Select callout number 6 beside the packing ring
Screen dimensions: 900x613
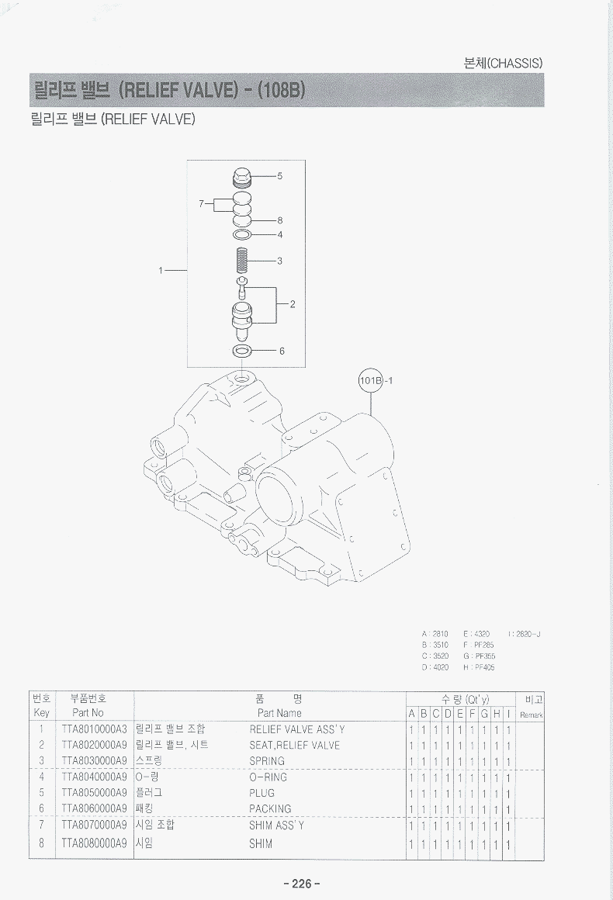click(x=282, y=351)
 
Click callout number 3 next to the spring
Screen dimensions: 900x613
click(x=279, y=261)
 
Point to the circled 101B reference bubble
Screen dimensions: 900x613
click(x=372, y=380)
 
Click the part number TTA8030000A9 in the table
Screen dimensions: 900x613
click(x=93, y=761)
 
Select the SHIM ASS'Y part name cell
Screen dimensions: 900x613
click(x=276, y=826)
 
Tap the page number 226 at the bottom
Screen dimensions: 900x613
click(x=303, y=884)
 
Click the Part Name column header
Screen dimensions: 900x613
click(x=279, y=712)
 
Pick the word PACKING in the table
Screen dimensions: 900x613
click(x=270, y=809)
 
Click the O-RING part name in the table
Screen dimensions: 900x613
click(x=268, y=777)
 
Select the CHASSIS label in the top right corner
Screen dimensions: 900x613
click(x=500, y=63)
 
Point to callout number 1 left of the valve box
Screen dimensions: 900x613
click(x=161, y=271)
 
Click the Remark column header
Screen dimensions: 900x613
click(x=532, y=715)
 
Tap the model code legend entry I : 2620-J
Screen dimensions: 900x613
click(x=524, y=634)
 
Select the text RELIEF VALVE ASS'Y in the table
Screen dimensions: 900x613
click(x=297, y=729)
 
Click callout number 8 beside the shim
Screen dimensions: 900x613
click(x=279, y=220)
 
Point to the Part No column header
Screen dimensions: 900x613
click(x=88, y=712)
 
